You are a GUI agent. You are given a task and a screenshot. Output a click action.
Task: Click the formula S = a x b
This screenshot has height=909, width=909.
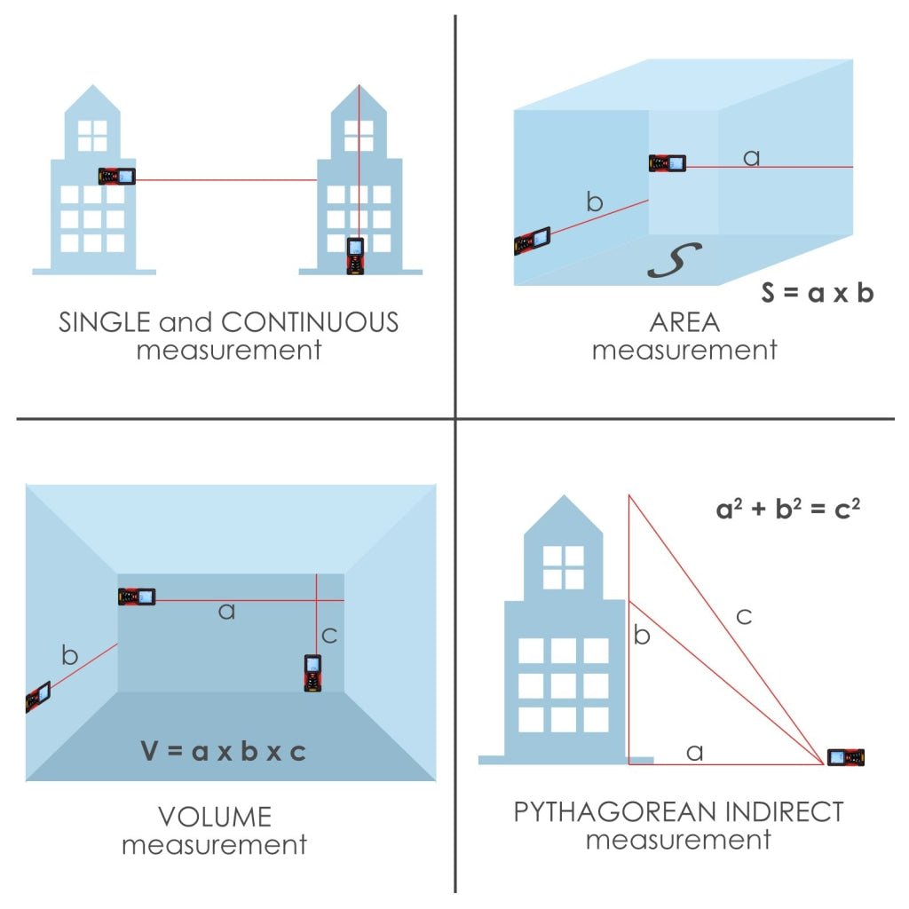coord(817,293)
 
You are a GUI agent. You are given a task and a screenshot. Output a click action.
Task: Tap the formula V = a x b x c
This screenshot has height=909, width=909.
coord(223,752)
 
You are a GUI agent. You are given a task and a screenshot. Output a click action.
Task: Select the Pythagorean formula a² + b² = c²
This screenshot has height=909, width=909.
coord(788,510)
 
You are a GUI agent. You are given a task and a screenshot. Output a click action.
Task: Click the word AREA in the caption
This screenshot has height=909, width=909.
coord(684,322)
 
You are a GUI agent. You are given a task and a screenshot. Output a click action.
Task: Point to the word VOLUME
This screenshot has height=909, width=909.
coord(215,816)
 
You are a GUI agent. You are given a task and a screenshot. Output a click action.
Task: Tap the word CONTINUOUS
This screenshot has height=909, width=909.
coord(310,321)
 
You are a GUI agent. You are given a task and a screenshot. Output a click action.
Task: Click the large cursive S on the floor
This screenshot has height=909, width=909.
coord(674,259)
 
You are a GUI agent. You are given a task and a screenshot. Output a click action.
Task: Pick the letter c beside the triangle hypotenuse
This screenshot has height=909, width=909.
coord(744,616)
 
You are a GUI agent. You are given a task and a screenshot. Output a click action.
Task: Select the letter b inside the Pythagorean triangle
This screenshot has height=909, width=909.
coord(643,636)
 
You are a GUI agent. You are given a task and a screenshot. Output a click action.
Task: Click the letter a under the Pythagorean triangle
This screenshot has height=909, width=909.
coord(695,753)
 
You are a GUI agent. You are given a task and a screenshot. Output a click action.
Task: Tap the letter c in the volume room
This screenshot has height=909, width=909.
coord(328,636)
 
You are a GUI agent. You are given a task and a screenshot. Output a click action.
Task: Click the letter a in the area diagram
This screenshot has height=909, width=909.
coord(751,158)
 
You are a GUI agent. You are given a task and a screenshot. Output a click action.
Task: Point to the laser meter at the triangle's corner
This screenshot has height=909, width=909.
coord(845,757)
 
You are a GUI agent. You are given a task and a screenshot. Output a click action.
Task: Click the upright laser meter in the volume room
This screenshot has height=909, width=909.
coord(312,673)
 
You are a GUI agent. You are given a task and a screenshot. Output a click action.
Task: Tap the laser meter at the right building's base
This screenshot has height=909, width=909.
coord(355,255)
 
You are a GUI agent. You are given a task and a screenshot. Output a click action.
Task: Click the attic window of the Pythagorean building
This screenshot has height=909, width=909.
coord(563,567)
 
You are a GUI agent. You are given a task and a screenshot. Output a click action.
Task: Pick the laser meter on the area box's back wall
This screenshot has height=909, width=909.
coord(667,163)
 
